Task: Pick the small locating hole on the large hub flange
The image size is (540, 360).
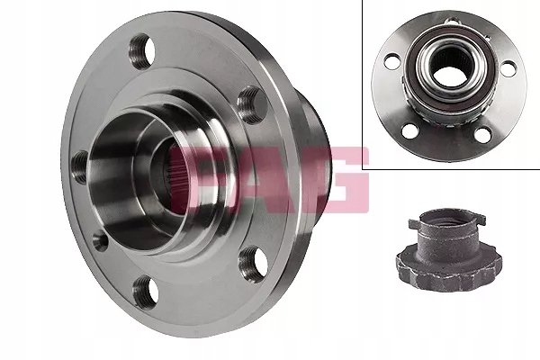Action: click(99, 241)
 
